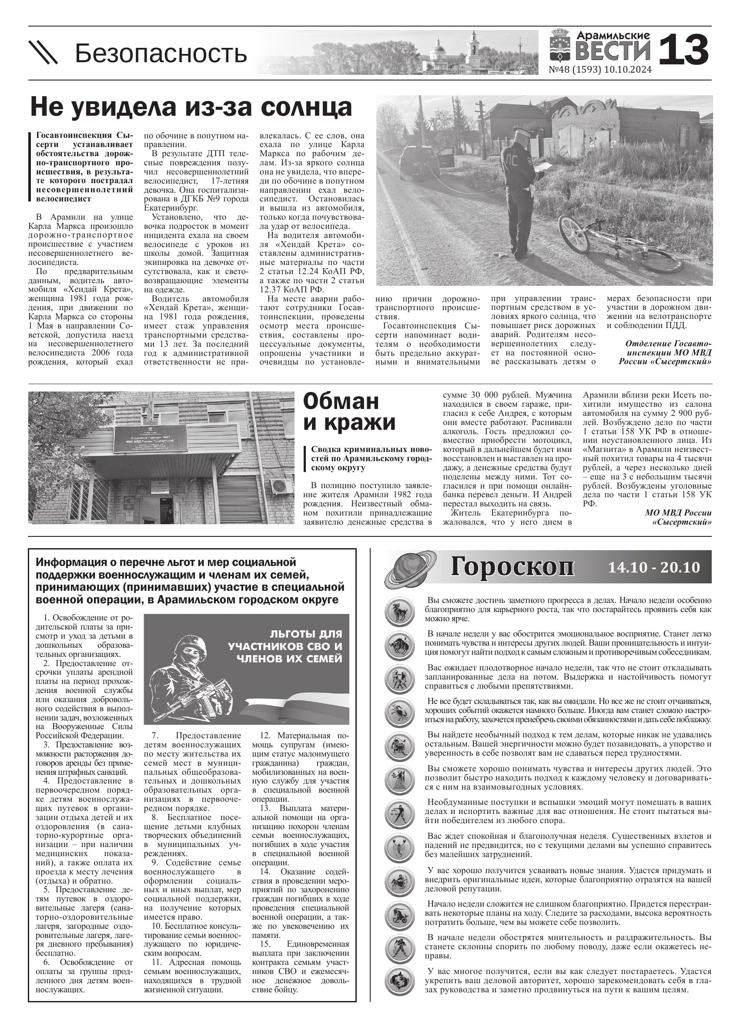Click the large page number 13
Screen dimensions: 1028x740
pos(683,50)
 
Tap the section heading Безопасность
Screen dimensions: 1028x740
pos(161,53)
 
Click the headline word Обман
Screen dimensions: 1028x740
pos(341,401)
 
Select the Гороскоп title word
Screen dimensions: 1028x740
pos(512,567)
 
